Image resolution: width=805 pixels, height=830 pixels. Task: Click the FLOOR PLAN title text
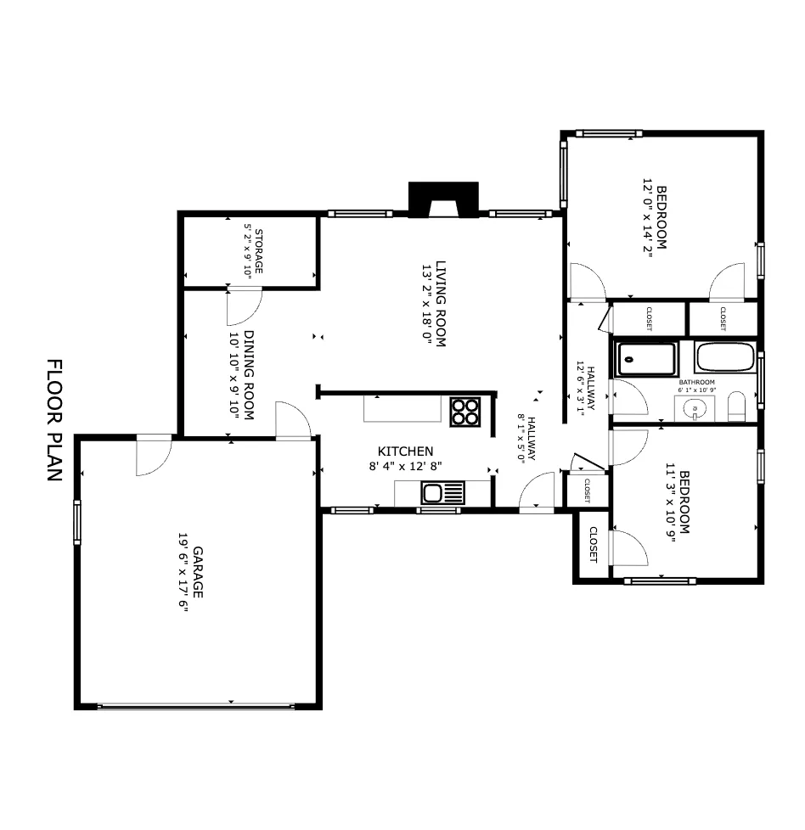click(54, 420)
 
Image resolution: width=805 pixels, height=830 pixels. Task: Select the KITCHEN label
click(406, 451)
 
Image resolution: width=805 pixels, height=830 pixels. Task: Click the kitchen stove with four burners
click(464, 412)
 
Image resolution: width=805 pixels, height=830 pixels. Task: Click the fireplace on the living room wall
click(443, 200)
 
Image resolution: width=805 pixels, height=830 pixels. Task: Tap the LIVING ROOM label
click(441, 303)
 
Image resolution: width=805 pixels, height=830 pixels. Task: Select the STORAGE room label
click(257, 250)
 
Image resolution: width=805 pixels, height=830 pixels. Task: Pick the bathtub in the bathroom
click(725, 357)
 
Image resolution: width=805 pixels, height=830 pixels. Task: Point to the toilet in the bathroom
click(736, 407)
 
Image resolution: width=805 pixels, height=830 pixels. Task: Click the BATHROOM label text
click(696, 383)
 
